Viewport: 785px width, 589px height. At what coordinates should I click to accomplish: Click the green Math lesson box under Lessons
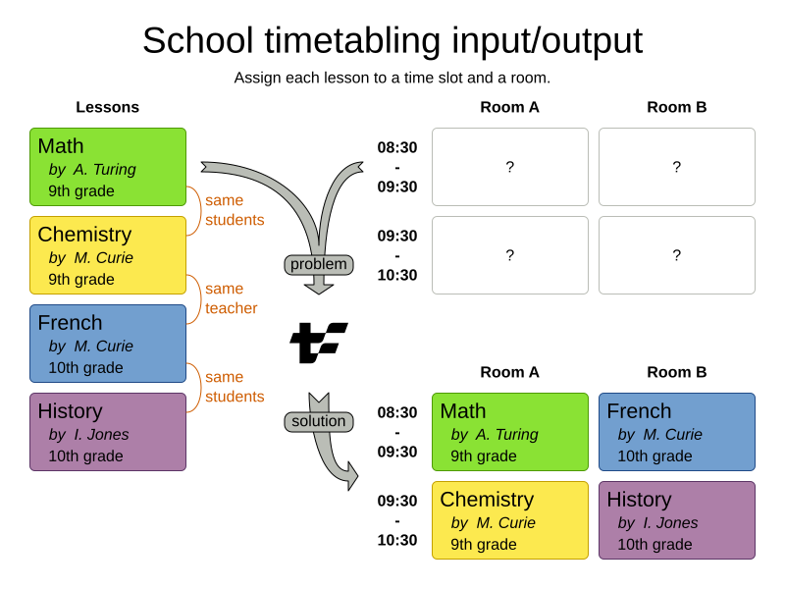[108, 167]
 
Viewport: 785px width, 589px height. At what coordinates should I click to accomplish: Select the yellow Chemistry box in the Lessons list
[108, 255]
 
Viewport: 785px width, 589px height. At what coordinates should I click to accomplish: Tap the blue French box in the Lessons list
[108, 344]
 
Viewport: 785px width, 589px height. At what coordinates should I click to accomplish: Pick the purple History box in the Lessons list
[108, 432]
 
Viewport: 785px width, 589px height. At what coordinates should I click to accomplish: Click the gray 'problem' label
[319, 264]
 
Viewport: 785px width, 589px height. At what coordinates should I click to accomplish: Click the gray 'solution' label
[319, 421]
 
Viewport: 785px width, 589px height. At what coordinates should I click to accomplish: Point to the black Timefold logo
[318, 342]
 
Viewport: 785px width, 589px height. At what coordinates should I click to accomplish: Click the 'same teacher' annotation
[232, 298]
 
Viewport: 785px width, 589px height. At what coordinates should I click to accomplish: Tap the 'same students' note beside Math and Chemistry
[235, 210]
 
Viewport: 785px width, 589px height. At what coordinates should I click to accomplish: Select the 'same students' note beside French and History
[235, 387]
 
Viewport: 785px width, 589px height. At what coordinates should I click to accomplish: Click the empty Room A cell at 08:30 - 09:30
[510, 167]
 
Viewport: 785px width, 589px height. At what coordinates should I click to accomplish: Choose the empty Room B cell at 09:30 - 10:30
[677, 255]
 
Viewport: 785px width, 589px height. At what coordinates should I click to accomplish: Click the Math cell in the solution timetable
[510, 432]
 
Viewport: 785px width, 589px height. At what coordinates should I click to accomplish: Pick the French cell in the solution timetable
[677, 432]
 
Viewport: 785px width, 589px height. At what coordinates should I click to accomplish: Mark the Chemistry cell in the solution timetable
[510, 520]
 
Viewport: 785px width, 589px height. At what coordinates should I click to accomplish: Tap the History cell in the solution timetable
[677, 520]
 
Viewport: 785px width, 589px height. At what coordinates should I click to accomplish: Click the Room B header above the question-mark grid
[677, 107]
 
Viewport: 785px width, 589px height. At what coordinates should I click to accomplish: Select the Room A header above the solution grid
[510, 372]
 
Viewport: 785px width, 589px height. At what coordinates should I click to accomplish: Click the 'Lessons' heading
[108, 107]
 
